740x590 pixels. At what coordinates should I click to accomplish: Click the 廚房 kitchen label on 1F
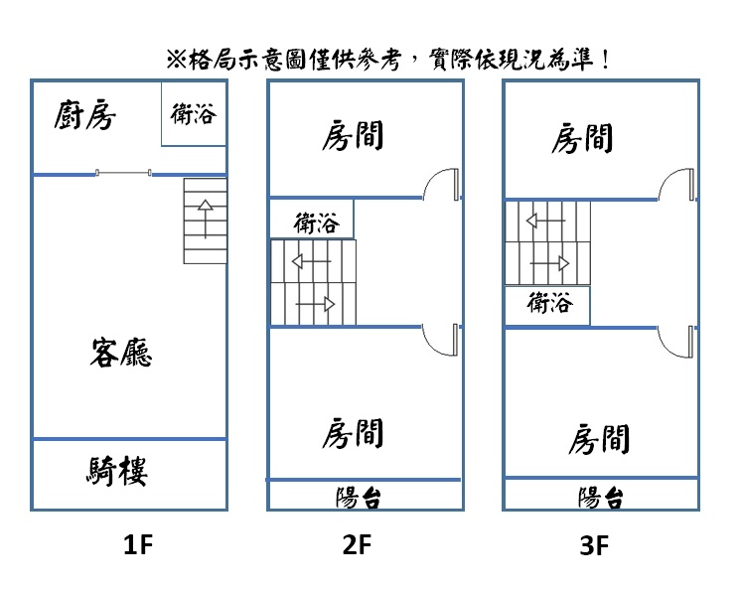84,114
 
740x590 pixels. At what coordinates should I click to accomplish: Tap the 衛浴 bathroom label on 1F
194,114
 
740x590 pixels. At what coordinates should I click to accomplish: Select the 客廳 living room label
121,353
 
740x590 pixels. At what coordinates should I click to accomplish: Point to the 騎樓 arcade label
117,471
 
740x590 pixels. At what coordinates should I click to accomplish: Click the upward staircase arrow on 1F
206,219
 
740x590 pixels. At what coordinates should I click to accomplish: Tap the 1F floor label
138,544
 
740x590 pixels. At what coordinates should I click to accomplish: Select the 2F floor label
357,544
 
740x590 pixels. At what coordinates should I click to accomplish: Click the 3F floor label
594,545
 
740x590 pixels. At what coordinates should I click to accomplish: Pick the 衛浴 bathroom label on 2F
317,222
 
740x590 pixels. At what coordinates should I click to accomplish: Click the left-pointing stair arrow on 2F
312,261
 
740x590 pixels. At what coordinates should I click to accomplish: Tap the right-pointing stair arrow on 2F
315,304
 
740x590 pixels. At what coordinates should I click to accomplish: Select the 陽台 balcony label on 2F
359,498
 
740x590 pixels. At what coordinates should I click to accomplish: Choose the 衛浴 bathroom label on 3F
550,303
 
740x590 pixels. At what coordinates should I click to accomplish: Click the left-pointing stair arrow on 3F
546,221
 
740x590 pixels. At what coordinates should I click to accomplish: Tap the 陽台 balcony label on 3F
601,498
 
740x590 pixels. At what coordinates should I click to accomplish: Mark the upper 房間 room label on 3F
582,138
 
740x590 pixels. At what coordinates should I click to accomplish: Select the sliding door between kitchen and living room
123,173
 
